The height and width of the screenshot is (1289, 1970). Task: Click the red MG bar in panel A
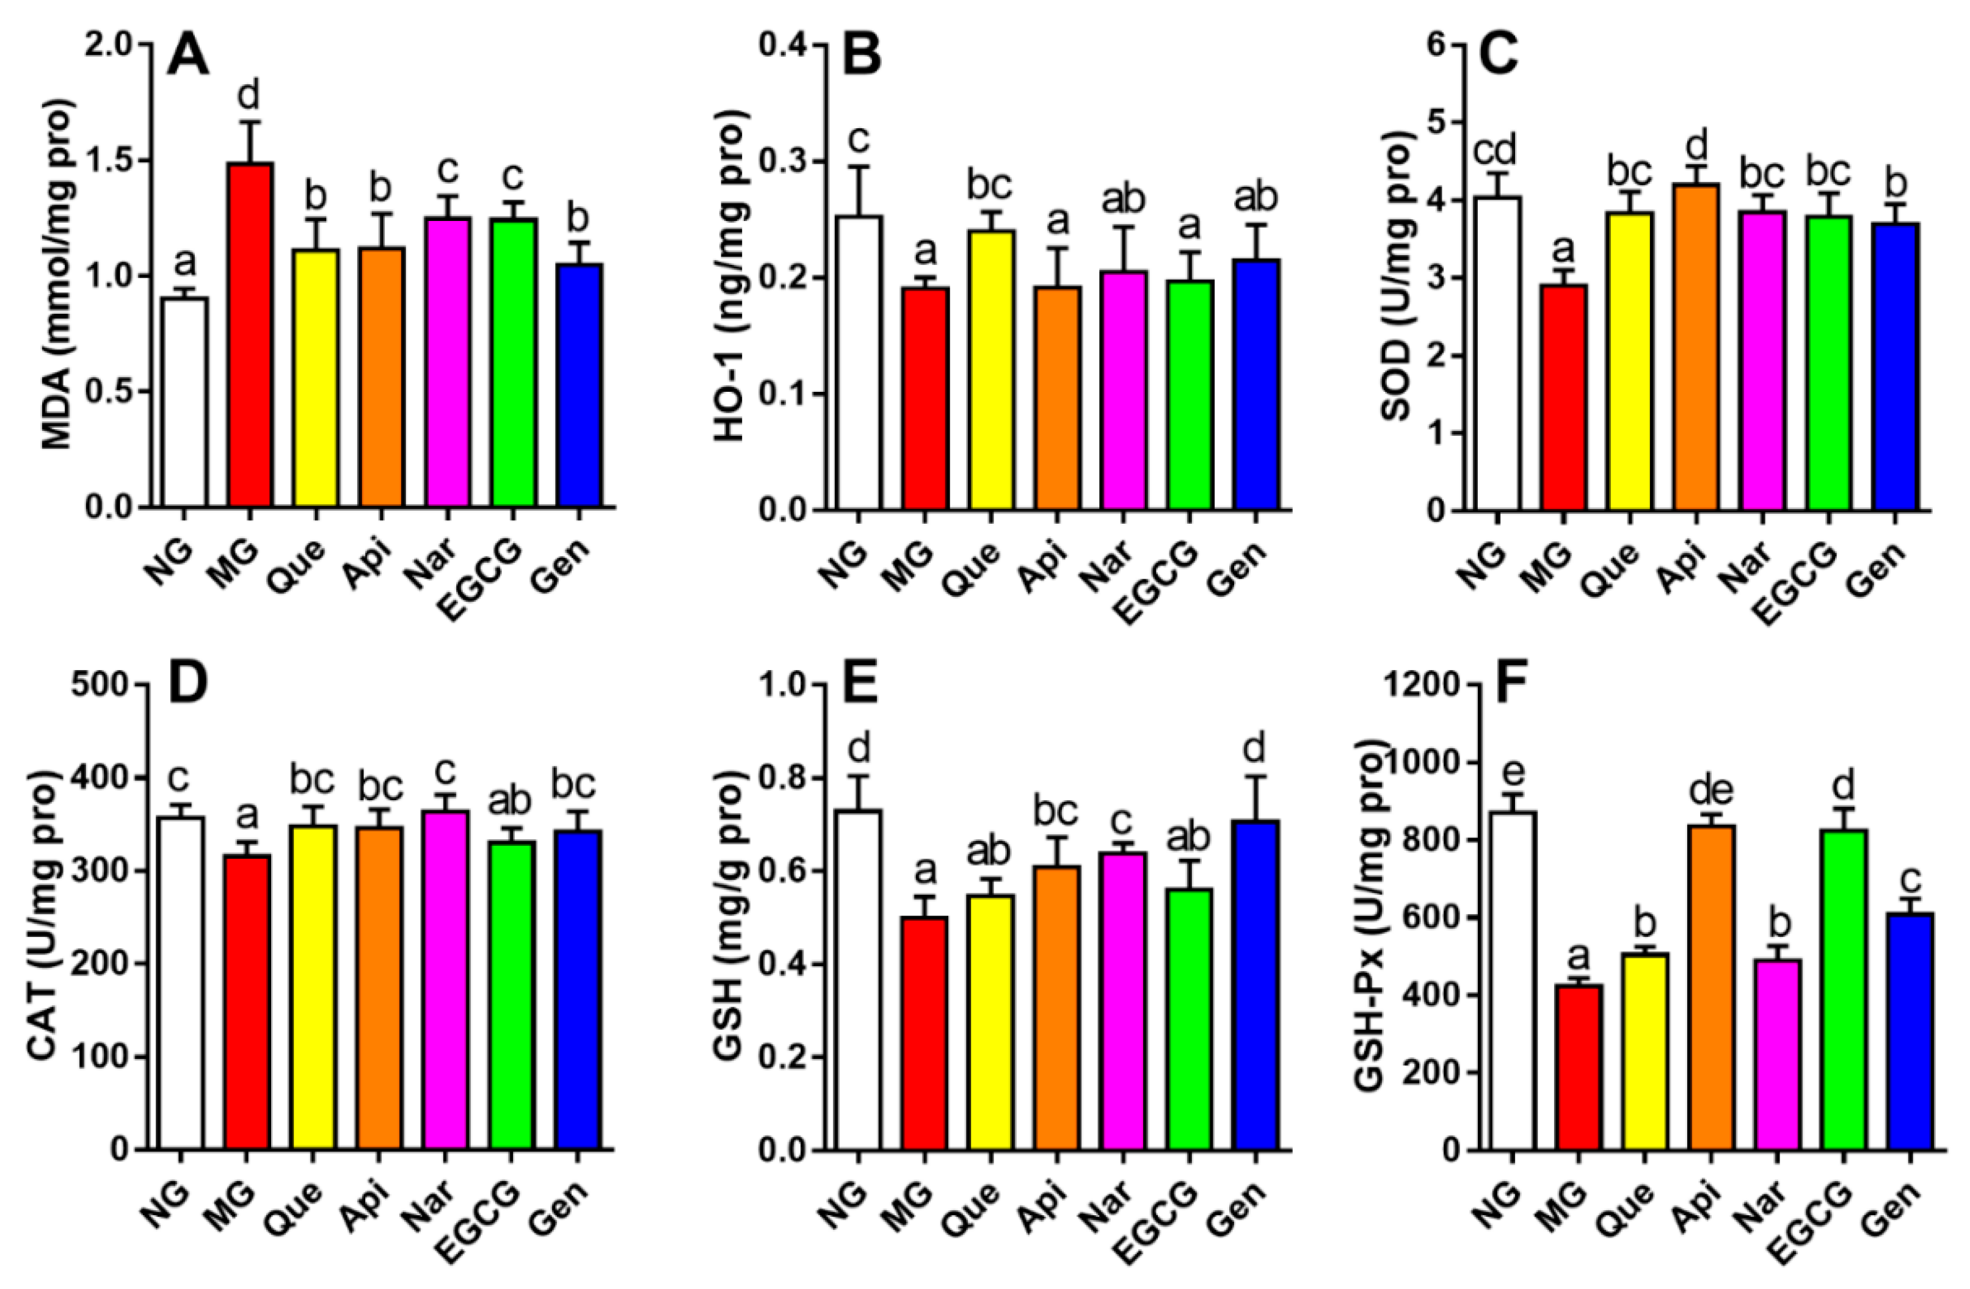tap(249, 335)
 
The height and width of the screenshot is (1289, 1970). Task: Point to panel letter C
tap(1497, 54)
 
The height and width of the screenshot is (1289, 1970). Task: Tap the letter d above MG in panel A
tap(249, 97)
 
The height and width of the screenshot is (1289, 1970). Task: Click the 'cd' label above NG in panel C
tap(1497, 151)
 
